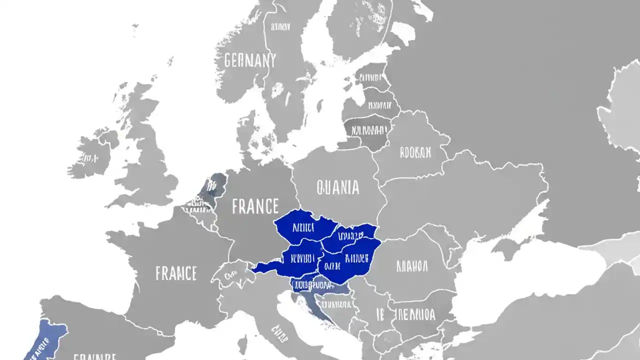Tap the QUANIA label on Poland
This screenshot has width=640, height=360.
point(338,187)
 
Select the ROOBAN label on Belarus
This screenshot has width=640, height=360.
point(415,152)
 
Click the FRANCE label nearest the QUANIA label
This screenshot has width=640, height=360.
point(255,206)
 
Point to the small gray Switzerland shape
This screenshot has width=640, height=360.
point(231,274)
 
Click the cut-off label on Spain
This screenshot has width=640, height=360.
point(95,357)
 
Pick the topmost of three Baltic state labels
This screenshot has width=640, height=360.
point(370,78)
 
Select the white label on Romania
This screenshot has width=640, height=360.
point(412,265)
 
